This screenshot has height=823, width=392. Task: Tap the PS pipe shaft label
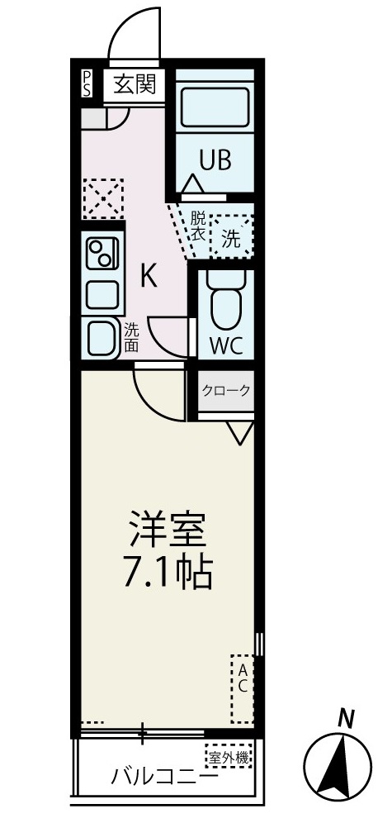pyautogui.click(x=87, y=84)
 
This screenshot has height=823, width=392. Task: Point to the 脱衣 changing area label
pyautogui.click(x=198, y=226)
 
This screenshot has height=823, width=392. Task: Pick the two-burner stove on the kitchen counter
pyautogui.click(x=103, y=255)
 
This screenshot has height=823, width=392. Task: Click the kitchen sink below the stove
pyautogui.click(x=103, y=293)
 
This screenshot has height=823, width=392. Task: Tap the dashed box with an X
pyautogui.click(x=102, y=198)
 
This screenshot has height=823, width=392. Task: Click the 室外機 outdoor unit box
pyautogui.click(x=227, y=755)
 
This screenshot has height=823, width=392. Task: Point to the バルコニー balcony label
pyautogui.click(x=165, y=778)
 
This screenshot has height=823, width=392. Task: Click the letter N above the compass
pyautogui.click(x=347, y=720)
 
